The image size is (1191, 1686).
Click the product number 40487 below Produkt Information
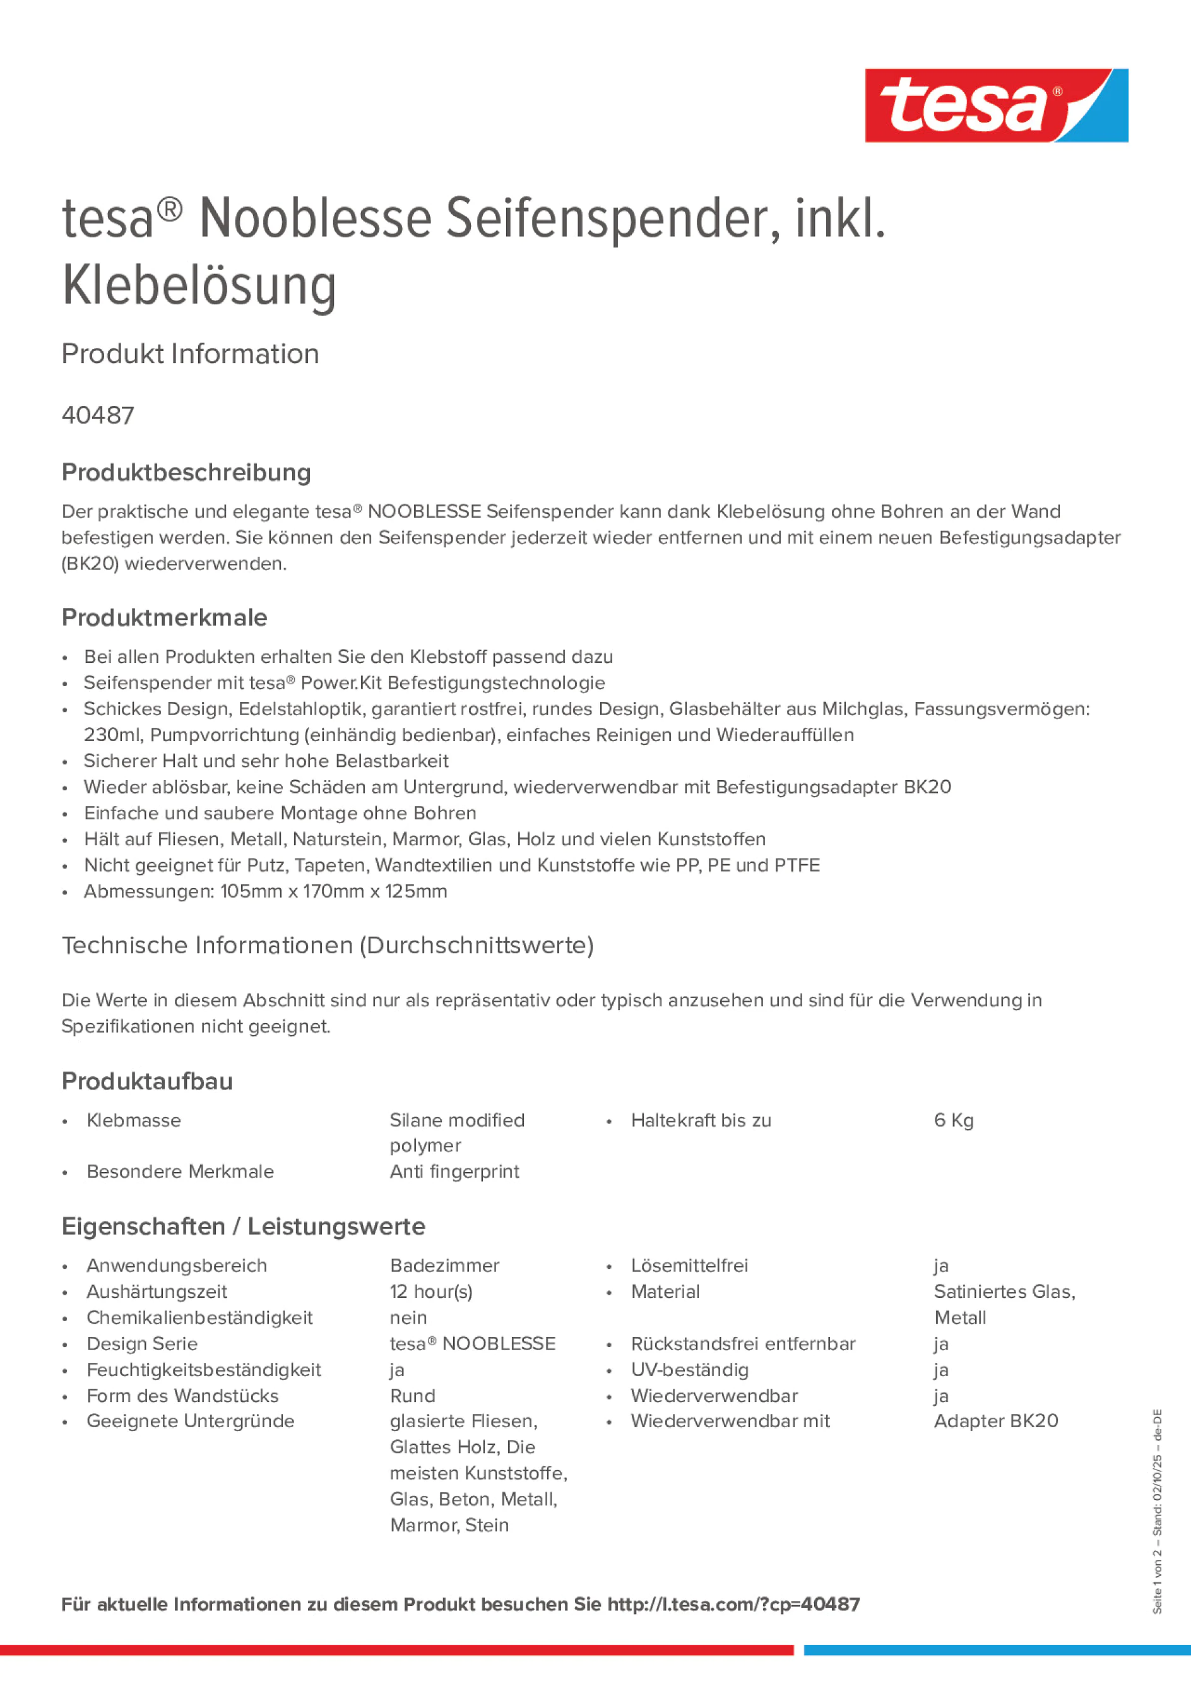pyautogui.click(x=98, y=415)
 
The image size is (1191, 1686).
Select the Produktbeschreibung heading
pyautogui.click(x=186, y=472)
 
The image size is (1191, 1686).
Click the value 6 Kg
pyautogui.click(x=953, y=1120)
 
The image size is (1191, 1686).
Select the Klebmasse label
pyautogui.click(x=134, y=1120)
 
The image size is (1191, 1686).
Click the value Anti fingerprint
pyautogui.click(x=454, y=1172)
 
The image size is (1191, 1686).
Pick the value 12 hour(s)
pyautogui.click(x=431, y=1291)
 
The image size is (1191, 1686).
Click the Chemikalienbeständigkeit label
pyautogui.click(x=199, y=1317)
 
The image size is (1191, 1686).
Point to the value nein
pyautogui.click(x=408, y=1317)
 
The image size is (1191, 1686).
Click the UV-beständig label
pyautogui.click(x=689, y=1370)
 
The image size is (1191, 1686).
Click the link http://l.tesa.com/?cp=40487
pyautogui.click(x=733, y=1604)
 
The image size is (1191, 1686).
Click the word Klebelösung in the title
pyautogui.click(x=199, y=287)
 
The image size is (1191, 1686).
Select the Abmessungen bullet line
pyautogui.click(x=265, y=891)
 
